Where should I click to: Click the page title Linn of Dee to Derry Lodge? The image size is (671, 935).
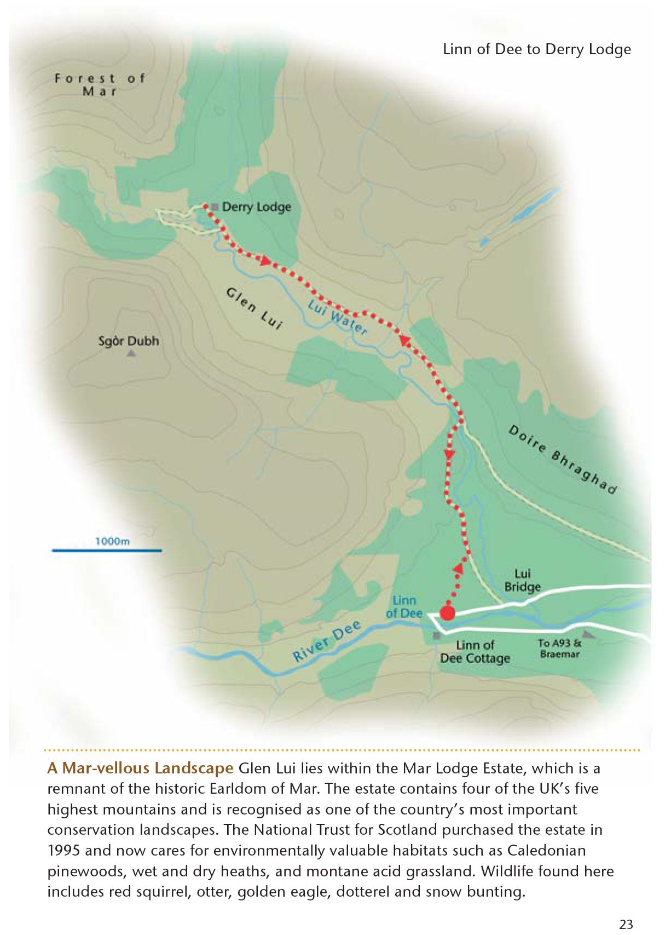[536, 49]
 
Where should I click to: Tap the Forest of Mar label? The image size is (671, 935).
[100, 85]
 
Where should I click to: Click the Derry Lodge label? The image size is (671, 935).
[257, 207]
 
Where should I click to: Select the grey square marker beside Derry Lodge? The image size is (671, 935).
[215, 207]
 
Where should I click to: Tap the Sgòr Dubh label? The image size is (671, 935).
[129, 341]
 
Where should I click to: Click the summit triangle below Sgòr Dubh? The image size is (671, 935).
[131, 354]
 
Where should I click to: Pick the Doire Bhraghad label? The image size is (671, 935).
[563, 460]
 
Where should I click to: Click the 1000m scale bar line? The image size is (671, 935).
[107, 550]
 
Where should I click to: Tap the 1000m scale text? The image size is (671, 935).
[112, 541]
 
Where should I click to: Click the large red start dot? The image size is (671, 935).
[447, 612]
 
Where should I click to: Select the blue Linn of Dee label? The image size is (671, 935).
[404, 607]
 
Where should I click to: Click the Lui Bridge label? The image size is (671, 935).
[522, 580]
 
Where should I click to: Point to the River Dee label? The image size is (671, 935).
[327, 641]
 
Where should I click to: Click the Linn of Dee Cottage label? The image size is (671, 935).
[475, 652]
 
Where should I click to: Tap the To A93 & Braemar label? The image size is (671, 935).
[559, 649]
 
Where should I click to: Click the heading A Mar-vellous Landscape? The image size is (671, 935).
[140, 768]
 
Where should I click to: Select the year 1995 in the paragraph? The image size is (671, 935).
[63, 851]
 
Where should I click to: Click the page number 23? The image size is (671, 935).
[626, 924]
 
